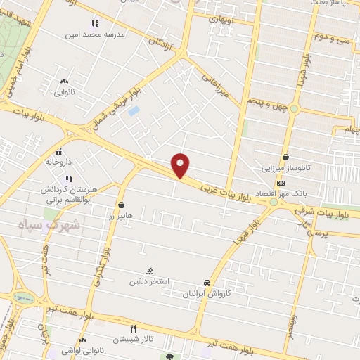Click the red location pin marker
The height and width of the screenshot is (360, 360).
click(181, 165)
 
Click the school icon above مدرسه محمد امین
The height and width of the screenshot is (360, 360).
click(95, 23)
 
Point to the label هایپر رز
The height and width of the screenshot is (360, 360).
click(122, 215)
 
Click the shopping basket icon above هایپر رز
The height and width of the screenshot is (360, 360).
click(122, 205)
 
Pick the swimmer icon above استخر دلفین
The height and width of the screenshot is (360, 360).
click(149, 271)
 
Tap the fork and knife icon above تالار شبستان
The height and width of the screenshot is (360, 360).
click(134, 328)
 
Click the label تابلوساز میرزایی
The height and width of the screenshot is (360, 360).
click(285, 169)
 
